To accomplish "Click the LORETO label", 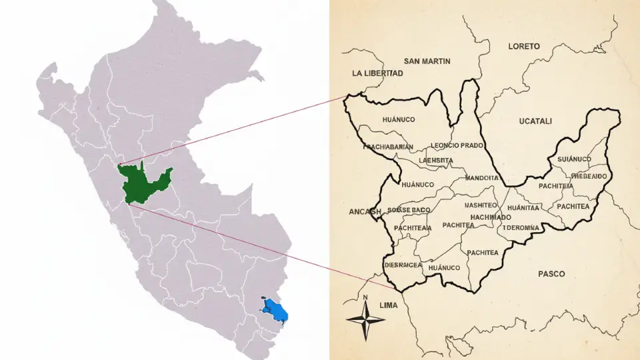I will pyautogui.click(x=524, y=47).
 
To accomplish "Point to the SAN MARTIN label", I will pyautogui.click(x=427, y=61).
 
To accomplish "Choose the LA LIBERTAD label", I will pyautogui.click(x=377, y=73).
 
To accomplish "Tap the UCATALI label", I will pyautogui.click(x=535, y=121).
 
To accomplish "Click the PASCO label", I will pyautogui.click(x=551, y=274).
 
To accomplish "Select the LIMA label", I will pyautogui.click(x=387, y=305).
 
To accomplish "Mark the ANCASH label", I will pyautogui.click(x=365, y=212).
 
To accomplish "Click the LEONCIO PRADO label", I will pyautogui.click(x=457, y=145).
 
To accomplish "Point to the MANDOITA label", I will pyautogui.click(x=482, y=178).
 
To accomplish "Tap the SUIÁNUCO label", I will pyautogui.click(x=574, y=159).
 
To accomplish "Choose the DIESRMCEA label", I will pyautogui.click(x=405, y=265).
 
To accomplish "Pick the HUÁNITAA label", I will pyautogui.click(x=523, y=208).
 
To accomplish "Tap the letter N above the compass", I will pyautogui.click(x=365, y=297).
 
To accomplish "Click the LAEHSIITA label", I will pyautogui.click(x=436, y=161).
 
